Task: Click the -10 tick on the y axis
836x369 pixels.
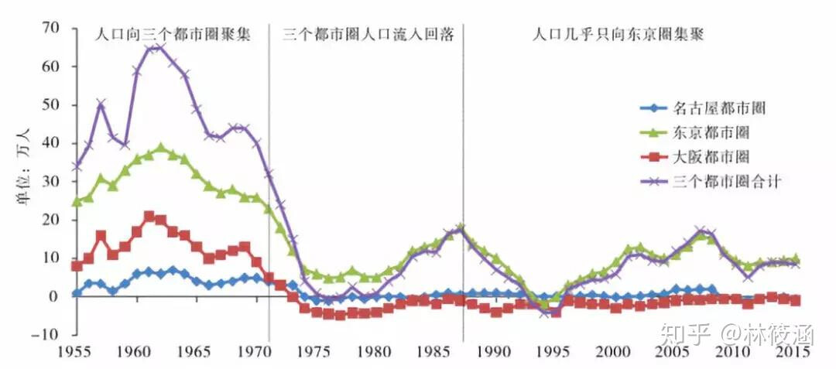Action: [48, 334]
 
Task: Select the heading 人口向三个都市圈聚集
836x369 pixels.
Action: [173, 35]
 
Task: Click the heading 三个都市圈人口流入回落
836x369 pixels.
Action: [368, 35]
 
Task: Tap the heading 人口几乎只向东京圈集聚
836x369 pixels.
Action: [622, 35]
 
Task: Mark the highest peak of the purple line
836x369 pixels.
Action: [157, 48]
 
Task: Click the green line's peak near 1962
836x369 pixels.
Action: [161, 148]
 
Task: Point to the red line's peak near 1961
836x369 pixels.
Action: [149, 216]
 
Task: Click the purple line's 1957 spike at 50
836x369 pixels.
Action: [101, 103]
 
